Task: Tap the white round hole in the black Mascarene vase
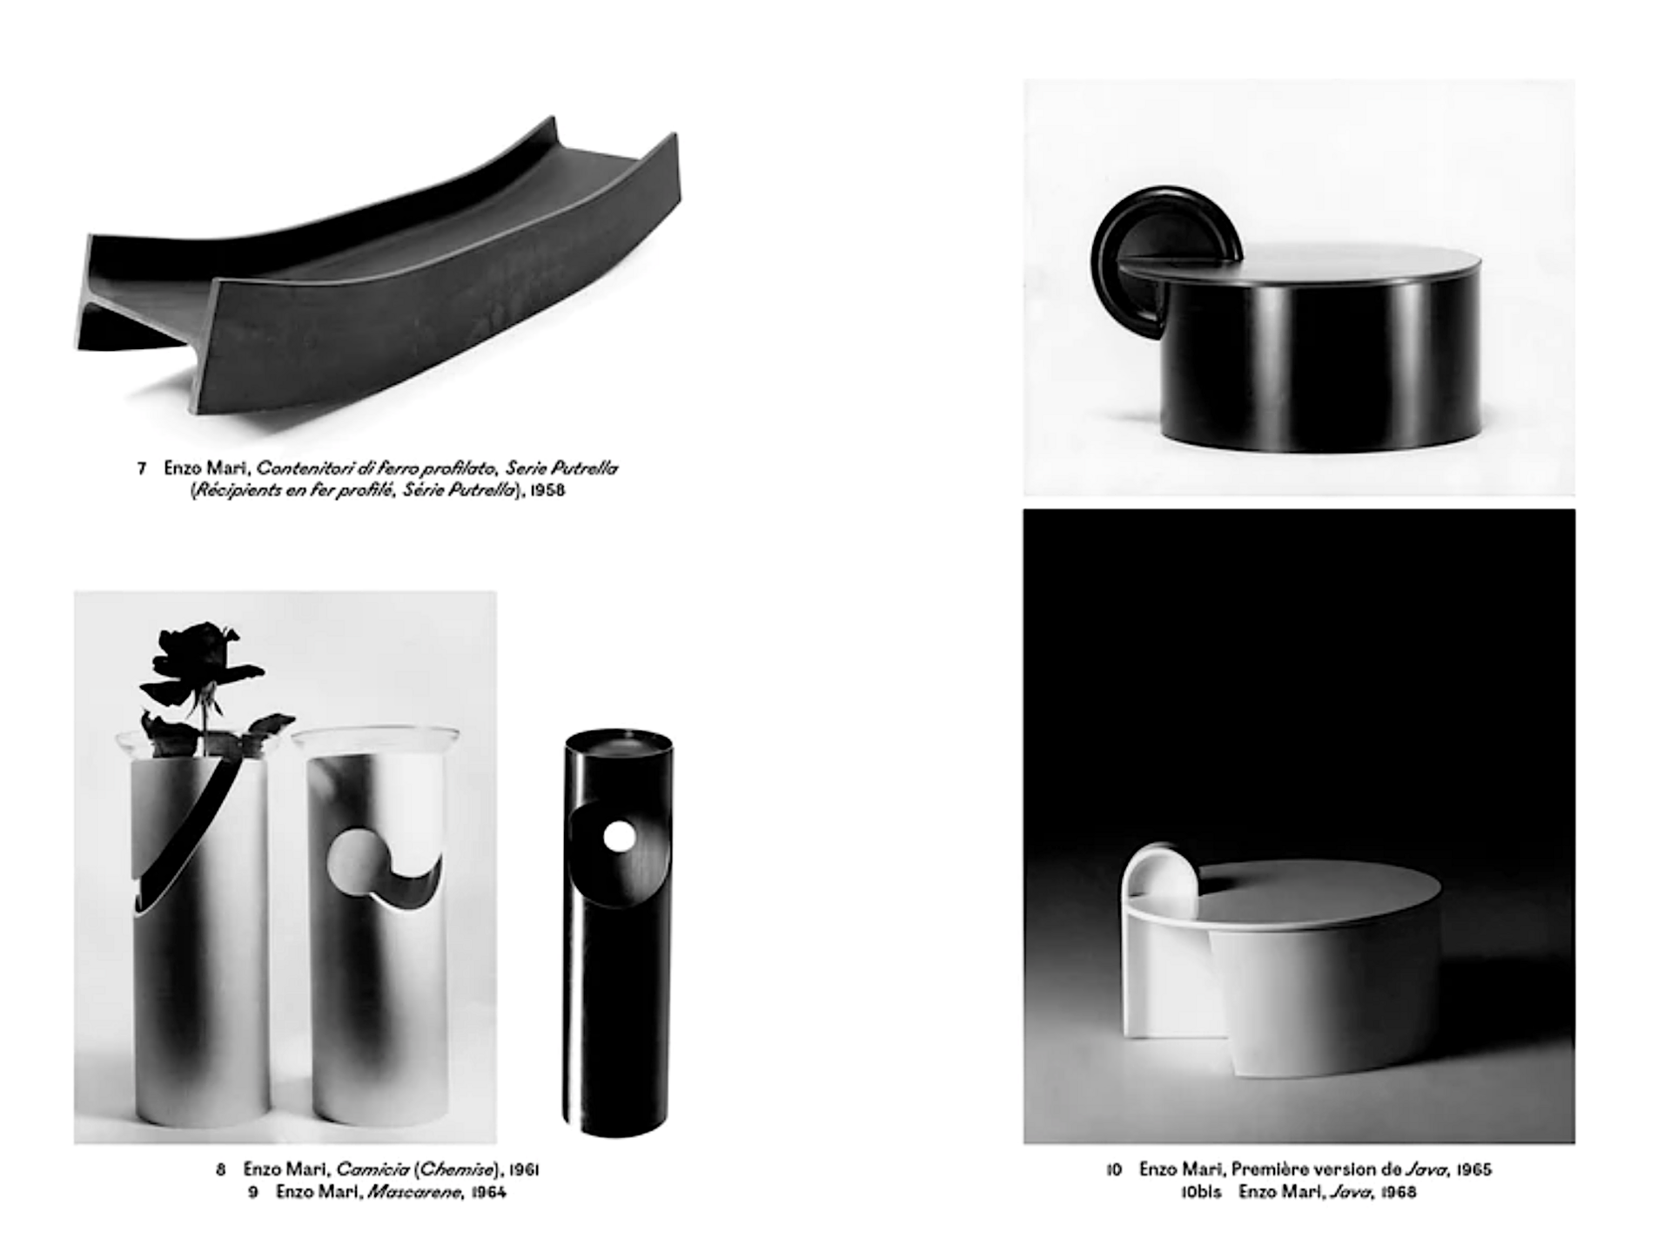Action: coord(619,837)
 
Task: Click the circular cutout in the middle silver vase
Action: coord(352,863)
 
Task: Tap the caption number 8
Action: coord(221,1169)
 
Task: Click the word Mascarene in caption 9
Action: coord(413,1192)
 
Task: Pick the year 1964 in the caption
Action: coord(488,1192)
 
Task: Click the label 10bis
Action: coord(1201,1192)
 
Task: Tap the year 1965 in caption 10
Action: coord(1473,1169)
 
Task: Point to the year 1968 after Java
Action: coord(1399,1192)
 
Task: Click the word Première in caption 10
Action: coord(1270,1169)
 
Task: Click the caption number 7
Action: coord(141,468)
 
